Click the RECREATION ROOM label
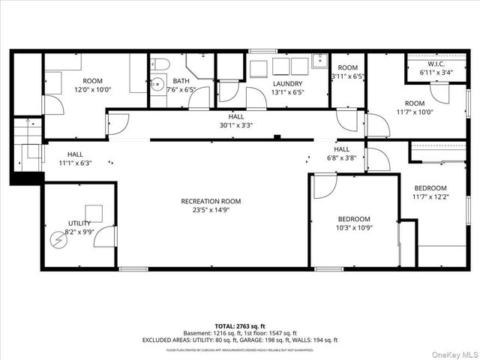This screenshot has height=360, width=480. click(x=210, y=200)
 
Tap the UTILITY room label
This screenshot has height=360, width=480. click(x=79, y=223)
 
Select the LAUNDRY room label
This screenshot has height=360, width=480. click(x=287, y=83)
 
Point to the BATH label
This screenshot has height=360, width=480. click(x=180, y=81)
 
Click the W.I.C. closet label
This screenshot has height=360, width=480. click(x=437, y=63)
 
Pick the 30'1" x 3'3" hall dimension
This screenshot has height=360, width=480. click(x=236, y=126)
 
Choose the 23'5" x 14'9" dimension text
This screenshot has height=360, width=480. click(x=210, y=210)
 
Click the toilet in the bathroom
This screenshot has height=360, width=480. click(x=163, y=64)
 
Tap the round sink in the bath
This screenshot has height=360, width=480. click(x=157, y=84)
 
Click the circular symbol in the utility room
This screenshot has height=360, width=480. click(x=58, y=241)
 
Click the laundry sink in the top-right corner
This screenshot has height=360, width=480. click(x=319, y=61)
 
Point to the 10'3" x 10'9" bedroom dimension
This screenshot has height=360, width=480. click(x=353, y=228)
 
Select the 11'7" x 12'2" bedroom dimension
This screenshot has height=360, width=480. click(x=430, y=197)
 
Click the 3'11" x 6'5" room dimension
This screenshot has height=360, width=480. click(x=348, y=76)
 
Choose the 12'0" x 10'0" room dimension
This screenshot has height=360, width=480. click(x=93, y=89)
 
